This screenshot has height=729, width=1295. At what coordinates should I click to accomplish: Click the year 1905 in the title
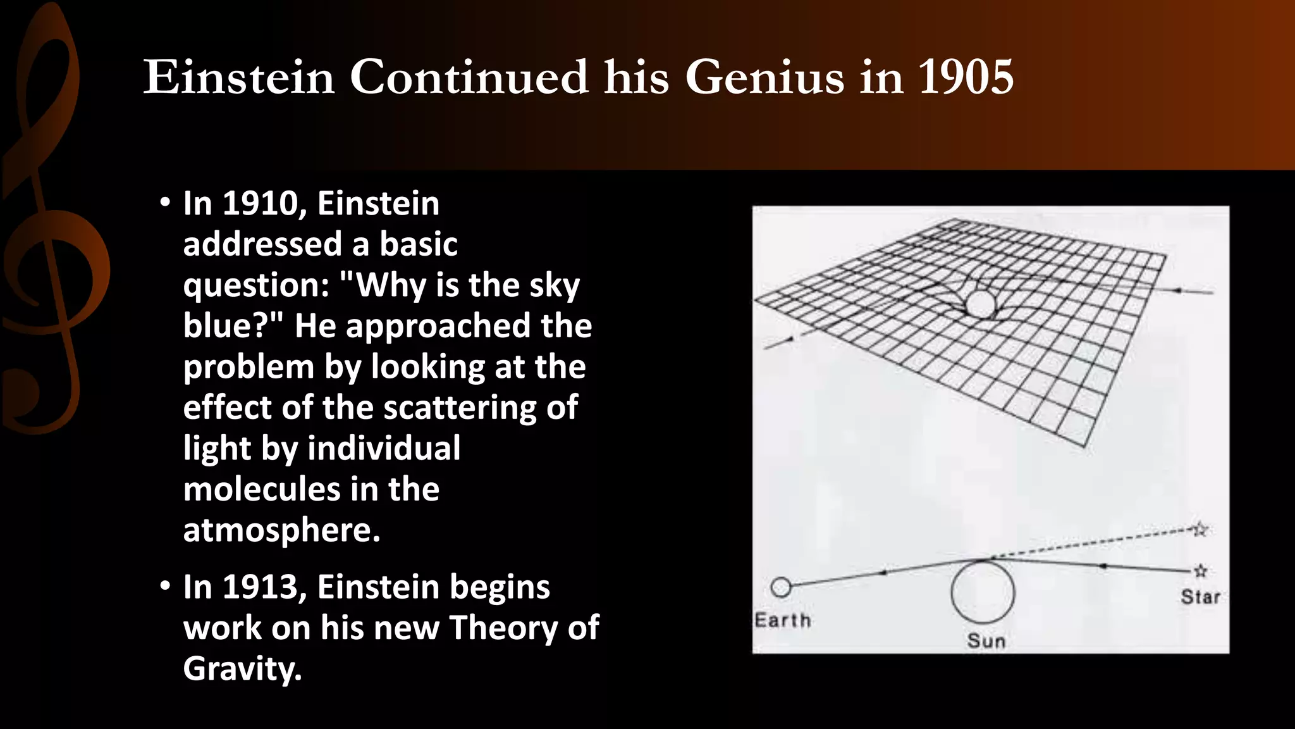point(966,78)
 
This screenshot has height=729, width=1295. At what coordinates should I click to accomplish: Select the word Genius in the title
point(764,78)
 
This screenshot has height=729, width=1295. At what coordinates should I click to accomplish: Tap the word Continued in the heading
point(469,78)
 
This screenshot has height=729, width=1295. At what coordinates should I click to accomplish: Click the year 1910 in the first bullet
point(260,204)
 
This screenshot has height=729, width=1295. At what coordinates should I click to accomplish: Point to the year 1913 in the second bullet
point(260,587)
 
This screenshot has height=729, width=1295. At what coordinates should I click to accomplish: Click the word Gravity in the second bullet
point(242,669)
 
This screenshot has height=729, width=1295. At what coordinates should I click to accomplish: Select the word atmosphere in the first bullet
point(281,530)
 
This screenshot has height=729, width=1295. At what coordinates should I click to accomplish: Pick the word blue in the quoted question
point(228,326)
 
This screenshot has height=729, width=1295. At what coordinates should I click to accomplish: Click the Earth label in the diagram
point(783,620)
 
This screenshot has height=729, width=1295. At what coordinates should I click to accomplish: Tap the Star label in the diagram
point(1200,597)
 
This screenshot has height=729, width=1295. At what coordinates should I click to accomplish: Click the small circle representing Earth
point(781,587)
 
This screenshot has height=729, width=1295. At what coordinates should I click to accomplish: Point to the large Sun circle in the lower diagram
point(983,592)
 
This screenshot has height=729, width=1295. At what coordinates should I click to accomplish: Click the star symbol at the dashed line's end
point(1200,529)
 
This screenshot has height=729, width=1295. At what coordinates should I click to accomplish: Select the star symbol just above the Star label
point(1200,571)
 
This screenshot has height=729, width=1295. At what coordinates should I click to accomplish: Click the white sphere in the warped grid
point(981,304)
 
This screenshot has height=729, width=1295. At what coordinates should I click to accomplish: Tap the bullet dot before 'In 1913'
point(166,586)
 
